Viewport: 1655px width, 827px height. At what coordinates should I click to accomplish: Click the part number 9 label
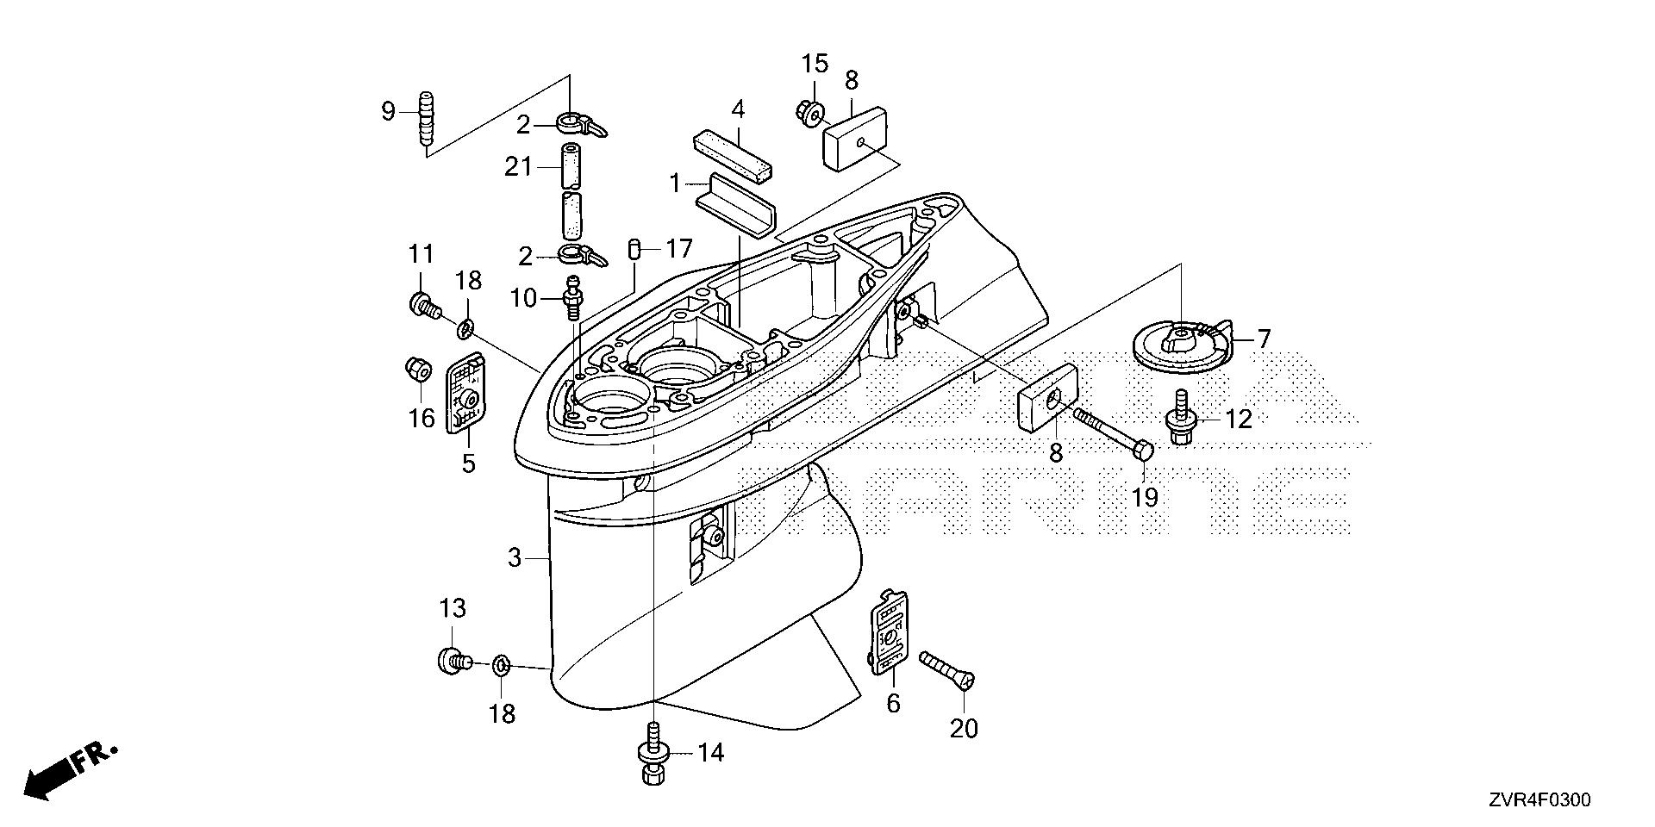[388, 110]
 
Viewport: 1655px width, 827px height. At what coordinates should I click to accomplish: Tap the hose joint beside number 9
[425, 121]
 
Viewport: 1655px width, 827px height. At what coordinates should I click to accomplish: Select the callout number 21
[519, 165]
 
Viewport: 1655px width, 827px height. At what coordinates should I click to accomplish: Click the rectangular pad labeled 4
[733, 151]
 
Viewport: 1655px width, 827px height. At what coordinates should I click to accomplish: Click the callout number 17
[678, 250]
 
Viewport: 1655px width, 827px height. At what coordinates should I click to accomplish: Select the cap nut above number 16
[418, 370]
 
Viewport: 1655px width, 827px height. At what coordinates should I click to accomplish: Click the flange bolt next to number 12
[1181, 419]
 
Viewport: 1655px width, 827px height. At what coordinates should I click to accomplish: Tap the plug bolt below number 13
[452, 661]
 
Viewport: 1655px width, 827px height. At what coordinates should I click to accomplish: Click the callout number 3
[515, 558]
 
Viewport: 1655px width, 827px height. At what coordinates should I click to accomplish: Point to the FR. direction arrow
[69, 769]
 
